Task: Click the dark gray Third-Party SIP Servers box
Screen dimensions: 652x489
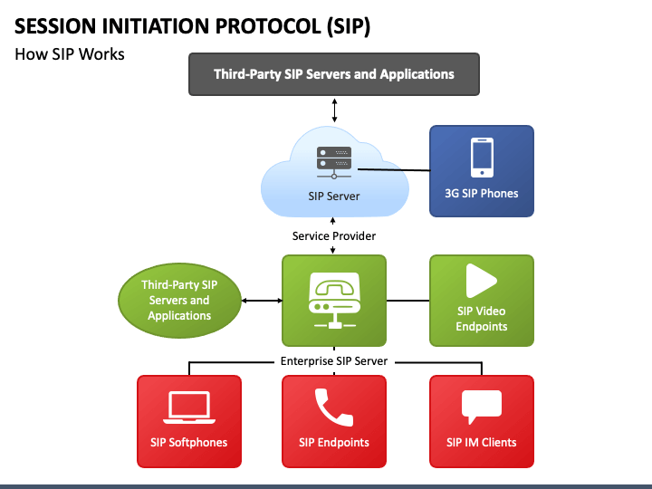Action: (x=334, y=74)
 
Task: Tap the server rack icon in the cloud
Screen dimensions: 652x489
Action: (x=334, y=163)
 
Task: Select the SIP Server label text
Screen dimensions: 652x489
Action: (x=334, y=197)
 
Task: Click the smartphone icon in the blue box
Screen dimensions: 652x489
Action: (x=482, y=158)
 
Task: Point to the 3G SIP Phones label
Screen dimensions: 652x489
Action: (x=482, y=194)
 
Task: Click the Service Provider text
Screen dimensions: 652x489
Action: (x=334, y=236)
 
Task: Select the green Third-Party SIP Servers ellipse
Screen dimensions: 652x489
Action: (x=179, y=301)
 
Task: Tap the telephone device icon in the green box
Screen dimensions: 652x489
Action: (x=334, y=301)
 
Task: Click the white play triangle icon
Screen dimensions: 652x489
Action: (x=481, y=281)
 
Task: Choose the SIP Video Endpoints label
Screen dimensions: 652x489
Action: (x=482, y=319)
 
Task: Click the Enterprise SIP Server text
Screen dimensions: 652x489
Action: (x=334, y=361)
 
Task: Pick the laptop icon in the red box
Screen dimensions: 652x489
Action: (x=189, y=407)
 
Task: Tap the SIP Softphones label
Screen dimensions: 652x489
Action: (x=188, y=442)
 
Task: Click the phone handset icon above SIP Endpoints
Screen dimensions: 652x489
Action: (x=334, y=407)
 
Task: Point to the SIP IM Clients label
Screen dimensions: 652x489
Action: (x=482, y=442)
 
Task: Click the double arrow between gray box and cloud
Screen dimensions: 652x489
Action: (x=334, y=110)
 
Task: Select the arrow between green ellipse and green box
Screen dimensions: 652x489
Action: (x=262, y=301)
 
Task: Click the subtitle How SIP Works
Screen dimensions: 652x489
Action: (x=70, y=54)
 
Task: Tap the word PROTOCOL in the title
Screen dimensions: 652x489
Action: (x=268, y=25)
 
